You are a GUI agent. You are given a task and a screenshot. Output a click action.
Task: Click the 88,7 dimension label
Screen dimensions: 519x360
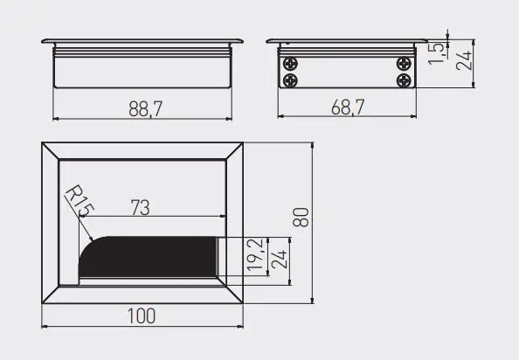click(146, 109)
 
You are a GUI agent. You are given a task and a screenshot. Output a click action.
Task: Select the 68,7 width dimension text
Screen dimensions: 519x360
click(348, 107)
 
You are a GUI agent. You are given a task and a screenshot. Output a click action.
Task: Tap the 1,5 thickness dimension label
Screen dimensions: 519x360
click(437, 53)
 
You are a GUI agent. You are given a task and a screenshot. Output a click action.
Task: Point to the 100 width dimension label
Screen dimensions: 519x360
click(142, 316)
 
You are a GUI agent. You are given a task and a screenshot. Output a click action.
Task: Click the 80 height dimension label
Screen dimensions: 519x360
click(301, 217)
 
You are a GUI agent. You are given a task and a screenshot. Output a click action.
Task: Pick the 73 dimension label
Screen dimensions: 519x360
click(140, 207)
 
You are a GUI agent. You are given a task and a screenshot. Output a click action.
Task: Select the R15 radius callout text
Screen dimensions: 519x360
click(80, 201)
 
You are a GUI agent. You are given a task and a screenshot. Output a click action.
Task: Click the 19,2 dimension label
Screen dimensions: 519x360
click(255, 255)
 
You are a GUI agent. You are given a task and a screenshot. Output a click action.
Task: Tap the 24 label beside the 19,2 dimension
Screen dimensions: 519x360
click(279, 260)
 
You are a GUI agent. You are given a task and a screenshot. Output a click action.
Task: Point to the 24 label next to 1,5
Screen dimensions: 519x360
click(463, 60)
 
